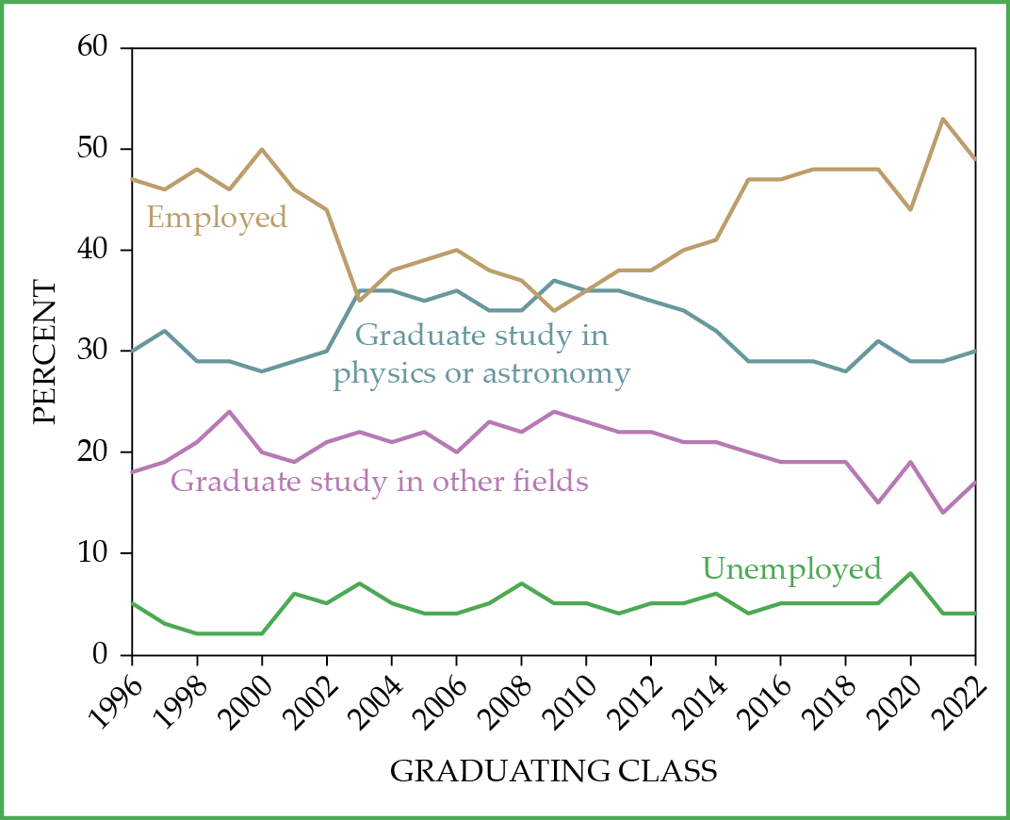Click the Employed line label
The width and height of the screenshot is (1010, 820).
pyautogui.click(x=217, y=218)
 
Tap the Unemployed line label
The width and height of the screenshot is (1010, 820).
pyautogui.click(x=791, y=569)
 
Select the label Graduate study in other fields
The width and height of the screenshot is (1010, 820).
pyautogui.click(x=380, y=482)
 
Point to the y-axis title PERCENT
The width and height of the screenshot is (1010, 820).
pyautogui.click(x=44, y=351)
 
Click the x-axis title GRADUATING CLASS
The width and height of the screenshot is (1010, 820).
pyautogui.click(x=554, y=771)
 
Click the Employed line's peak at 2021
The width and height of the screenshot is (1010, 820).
pyautogui.click(x=943, y=119)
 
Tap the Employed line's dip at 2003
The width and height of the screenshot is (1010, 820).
pyautogui.click(x=359, y=301)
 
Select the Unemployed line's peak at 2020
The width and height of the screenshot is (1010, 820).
pyautogui.click(x=910, y=573)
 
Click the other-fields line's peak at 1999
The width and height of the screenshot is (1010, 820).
pyautogui.click(x=229, y=412)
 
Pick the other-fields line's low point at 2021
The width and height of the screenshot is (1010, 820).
pyautogui.click(x=943, y=513)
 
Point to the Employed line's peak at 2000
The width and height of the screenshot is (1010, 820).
pyautogui.click(x=262, y=149)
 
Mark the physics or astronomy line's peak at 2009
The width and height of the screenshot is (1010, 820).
pyautogui.click(x=554, y=280)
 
